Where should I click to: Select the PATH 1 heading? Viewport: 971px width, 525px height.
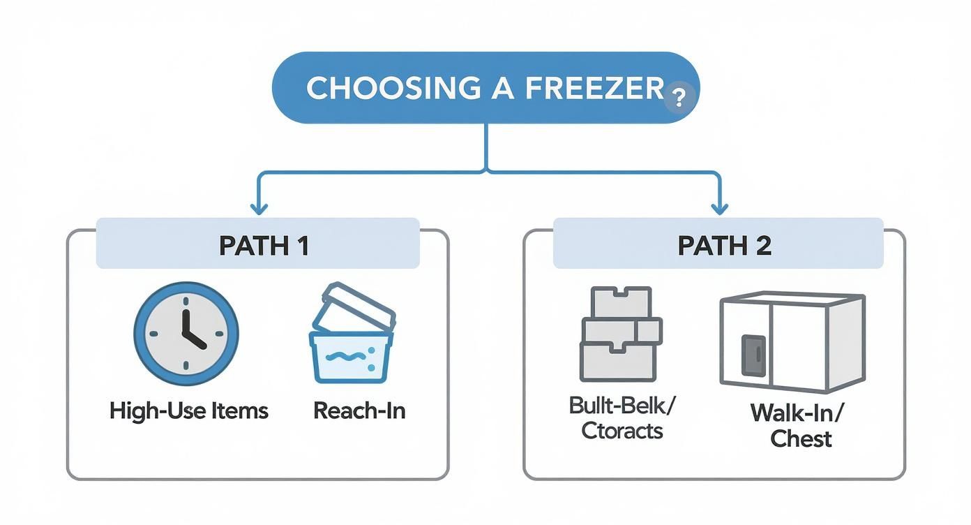[x=264, y=246]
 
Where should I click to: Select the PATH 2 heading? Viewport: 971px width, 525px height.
[x=723, y=246]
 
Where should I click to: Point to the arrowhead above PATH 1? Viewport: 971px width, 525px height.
[x=259, y=207]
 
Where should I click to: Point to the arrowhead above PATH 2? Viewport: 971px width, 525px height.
[x=720, y=207]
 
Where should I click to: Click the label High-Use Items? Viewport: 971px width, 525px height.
[x=188, y=411]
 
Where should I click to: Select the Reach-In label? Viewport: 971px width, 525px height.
[x=359, y=411]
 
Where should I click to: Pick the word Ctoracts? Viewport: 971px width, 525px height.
[x=622, y=430]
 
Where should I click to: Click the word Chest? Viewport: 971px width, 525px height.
[x=801, y=439]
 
